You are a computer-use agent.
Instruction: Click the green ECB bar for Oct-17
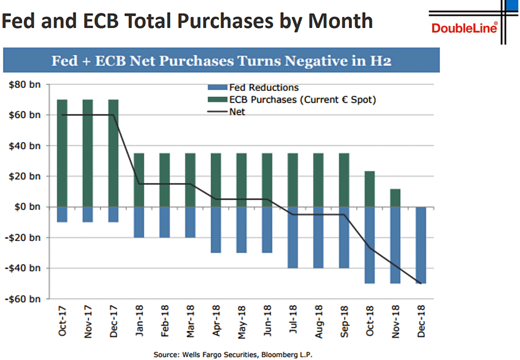[x=62, y=152]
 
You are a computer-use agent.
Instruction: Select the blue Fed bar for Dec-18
[x=421, y=245]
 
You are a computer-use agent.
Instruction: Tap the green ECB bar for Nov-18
[x=395, y=198]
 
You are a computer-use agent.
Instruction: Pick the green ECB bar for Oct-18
[x=370, y=189]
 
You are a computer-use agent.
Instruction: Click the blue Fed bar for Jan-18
[x=139, y=222]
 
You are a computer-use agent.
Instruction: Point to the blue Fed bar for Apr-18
[x=216, y=230]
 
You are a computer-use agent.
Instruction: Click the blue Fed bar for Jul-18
[x=292, y=237]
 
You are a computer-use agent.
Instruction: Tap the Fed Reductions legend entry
[x=256, y=88]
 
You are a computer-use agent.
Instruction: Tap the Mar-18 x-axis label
[x=190, y=321]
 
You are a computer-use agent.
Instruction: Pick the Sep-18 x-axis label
[x=344, y=321]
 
